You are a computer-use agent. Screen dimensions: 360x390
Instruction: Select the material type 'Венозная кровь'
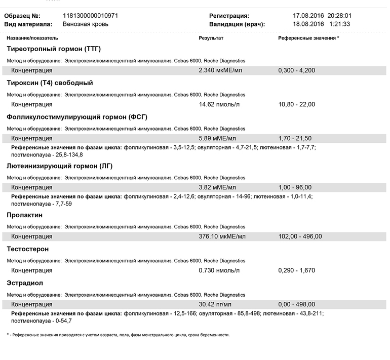click(x=86, y=24)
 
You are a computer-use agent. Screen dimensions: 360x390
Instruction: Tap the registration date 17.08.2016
click(x=308, y=16)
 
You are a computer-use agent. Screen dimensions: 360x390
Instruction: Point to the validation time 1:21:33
click(x=340, y=24)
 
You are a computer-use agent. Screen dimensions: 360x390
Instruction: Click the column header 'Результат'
click(x=211, y=38)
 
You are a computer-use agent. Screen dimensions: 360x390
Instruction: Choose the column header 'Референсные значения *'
click(x=308, y=38)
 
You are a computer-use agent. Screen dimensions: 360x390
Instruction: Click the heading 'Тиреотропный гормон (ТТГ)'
click(x=54, y=49)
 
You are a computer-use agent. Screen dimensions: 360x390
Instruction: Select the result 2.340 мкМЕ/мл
click(x=220, y=70)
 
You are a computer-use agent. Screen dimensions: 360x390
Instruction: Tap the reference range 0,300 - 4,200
click(x=296, y=70)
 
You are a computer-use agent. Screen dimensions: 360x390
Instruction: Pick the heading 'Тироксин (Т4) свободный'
click(x=50, y=83)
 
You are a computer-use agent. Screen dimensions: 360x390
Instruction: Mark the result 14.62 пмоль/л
click(x=219, y=104)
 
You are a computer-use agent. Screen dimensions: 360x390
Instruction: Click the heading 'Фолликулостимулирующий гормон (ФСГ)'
click(x=77, y=117)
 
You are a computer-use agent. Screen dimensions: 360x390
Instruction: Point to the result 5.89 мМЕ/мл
click(x=217, y=138)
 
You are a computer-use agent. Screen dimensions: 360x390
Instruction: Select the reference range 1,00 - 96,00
click(x=295, y=187)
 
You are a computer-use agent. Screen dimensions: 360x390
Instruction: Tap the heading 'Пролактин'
click(x=25, y=215)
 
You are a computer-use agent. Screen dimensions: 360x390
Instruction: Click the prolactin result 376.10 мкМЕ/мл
click(x=222, y=236)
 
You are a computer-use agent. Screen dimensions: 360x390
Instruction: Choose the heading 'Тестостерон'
click(x=28, y=249)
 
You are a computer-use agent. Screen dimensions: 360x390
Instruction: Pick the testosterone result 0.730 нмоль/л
click(x=219, y=270)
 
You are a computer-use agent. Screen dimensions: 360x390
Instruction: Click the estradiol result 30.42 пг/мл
click(x=215, y=304)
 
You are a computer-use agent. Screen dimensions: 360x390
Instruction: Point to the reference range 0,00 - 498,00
click(x=296, y=304)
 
